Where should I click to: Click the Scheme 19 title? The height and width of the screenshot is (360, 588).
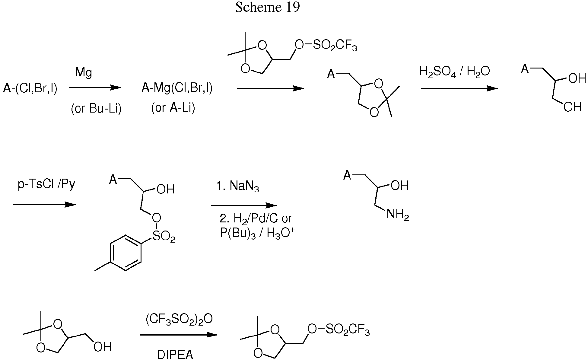pyautogui.click(x=268, y=7)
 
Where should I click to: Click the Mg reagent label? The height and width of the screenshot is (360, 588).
pyautogui.click(x=84, y=73)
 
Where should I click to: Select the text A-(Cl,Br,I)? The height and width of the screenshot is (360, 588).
pyautogui.click(x=30, y=89)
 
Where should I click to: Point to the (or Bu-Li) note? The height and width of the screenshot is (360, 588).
pyautogui.click(x=96, y=109)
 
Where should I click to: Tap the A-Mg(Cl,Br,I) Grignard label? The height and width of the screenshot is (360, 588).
pyautogui.click(x=177, y=88)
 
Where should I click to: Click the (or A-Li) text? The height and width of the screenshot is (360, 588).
pyautogui.click(x=173, y=107)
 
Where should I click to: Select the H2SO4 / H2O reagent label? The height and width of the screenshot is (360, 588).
pyautogui.click(x=455, y=72)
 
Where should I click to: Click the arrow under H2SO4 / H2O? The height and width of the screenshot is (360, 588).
pyautogui.click(x=459, y=88)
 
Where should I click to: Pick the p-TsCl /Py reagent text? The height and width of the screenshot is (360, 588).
pyautogui.click(x=46, y=184)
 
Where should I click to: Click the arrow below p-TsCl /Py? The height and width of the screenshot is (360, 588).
pyautogui.click(x=44, y=205)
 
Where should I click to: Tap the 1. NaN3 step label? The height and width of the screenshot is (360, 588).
pyautogui.click(x=238, y=186)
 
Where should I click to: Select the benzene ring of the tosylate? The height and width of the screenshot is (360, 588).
pyautogui.click(x=126, y=253)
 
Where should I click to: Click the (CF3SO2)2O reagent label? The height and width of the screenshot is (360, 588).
pyautogui.click(x=179, y=319)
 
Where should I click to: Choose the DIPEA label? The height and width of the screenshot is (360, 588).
pyautogui.click(x=175, y=355)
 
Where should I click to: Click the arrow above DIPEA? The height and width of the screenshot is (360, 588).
pyautogui.click(x=179, y=335)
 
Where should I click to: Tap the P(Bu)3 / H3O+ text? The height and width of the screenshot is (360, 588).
pyautogui.click(x=257, y=233)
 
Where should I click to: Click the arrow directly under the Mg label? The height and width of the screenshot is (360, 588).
pyautogui.click(x=95, y=88)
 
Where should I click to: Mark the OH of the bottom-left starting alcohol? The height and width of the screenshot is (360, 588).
pyautogui.click(x=102, y=347)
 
